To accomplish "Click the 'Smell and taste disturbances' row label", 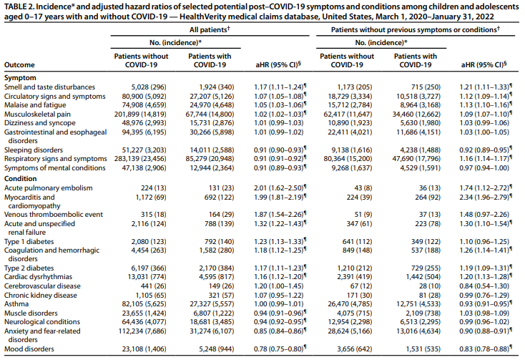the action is pyautogui.click(x=49, y=87).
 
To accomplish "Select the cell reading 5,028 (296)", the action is pyautogui.click(x=149, y=87).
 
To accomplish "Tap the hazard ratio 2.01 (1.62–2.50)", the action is pyautogui.click(x=280, y=188).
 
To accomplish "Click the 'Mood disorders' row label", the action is pyautogui.click(x=29, y=349).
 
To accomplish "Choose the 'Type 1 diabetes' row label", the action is pyautogui.click(x=29, y=241).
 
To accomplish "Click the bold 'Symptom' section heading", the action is pyautogui.click(x=20, y=78).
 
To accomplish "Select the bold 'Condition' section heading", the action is pyautogui.click(x=21, y=178).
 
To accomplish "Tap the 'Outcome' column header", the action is pyautogui.click(x=19, y=64).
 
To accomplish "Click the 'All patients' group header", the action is pyautogui.click(x=210, y=30).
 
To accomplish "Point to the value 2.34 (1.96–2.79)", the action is pyautogui.click(x=486, y=198).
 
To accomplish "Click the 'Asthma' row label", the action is pyautogui.click(x=16, y=303).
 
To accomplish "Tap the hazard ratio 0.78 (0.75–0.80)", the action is pyautogui.click(x=280, y=349).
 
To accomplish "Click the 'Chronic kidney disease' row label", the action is pyautogui.click(x=41, y=296).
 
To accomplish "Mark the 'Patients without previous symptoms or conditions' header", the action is pyautogui.click(x=415, y=30).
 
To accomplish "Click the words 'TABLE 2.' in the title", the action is pyautogui.click(x=19, y=6).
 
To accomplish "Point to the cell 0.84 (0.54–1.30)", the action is pyautogui.click(x=484, y=286).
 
